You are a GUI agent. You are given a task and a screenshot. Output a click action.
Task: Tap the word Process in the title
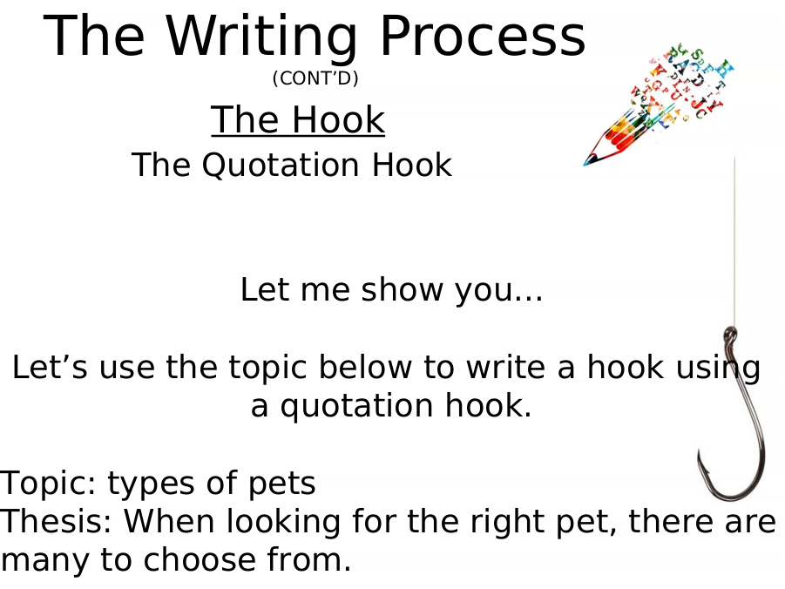483,36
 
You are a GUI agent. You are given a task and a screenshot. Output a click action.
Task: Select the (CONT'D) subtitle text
315,78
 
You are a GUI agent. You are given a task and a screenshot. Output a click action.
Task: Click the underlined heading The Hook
298,119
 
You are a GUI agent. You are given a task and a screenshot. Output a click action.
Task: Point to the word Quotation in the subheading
281,166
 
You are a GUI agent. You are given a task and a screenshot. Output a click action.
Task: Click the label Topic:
48,483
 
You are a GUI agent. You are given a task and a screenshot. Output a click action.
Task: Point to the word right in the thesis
505,522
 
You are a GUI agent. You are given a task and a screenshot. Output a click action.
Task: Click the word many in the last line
44,561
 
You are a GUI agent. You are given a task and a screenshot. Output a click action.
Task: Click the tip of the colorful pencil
585,164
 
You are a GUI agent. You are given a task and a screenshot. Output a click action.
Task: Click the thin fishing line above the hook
734,240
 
